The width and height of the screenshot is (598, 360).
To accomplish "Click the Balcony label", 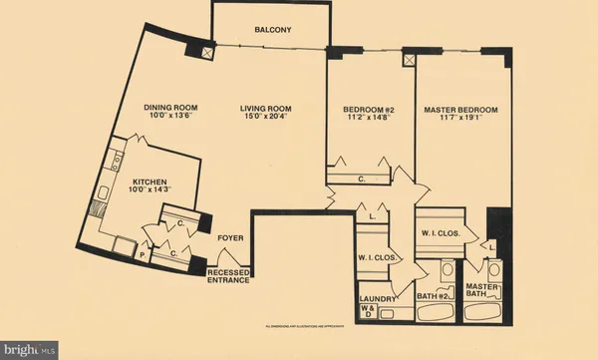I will [x=272, y=31].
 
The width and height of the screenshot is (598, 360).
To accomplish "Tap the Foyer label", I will [x=231, y=238].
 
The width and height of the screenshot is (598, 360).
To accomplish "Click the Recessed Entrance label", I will [x=228, y=276].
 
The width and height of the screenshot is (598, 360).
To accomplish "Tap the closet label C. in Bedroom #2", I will [x=363, y=180].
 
